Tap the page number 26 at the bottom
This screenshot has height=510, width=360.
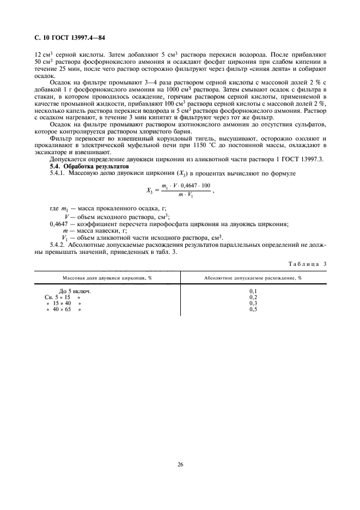pyautogui.click(x=180, y=465)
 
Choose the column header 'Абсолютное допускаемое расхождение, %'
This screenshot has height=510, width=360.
pyautogui.click(x=253, y=278)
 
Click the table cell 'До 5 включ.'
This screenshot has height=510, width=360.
pyautogui.click(x=75, y=292)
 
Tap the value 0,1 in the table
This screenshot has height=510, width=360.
pyautogui.click(x=253, y=292)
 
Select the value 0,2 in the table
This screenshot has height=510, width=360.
pyautogui.click(x=253, y=297)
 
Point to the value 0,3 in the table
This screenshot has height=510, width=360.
pyautogui.click(x=253, y=303)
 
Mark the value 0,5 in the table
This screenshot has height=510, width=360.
pyautogui.click(x=253, y=309)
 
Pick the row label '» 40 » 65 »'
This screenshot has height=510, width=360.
pyautogui.click(x=64, y=309)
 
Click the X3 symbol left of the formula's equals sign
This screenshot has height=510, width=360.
pyautogui.click(x=151, y=191)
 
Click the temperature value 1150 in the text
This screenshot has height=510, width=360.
pyautogui.click(x=200, y=145)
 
